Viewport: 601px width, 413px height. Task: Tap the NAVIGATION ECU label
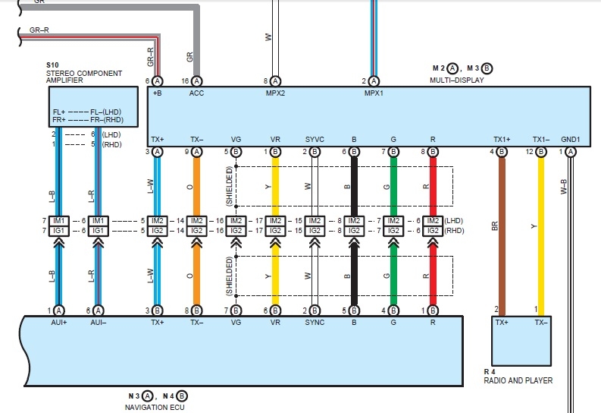coord(155,407)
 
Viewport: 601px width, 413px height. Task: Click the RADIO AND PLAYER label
coord(518,380)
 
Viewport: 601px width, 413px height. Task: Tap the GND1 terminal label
coord(571,140)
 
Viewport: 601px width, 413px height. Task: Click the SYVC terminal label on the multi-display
coord(315,140)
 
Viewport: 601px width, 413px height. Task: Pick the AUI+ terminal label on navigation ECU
coord(58,322)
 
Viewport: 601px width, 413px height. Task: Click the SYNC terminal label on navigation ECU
coord(315,322)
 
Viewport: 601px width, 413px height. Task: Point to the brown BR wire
coord(502,228)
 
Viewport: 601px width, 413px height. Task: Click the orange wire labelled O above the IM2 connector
coord(197,186)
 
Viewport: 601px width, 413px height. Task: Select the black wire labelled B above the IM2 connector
coord(354,186)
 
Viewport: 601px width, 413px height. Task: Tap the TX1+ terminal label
coord(501,140)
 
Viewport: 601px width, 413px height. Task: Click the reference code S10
coord(52,66)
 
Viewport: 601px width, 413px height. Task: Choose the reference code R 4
coord(490,370)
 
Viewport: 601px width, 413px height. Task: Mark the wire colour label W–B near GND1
coord(562,187)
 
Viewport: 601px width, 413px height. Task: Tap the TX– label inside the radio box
coord(540,322)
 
